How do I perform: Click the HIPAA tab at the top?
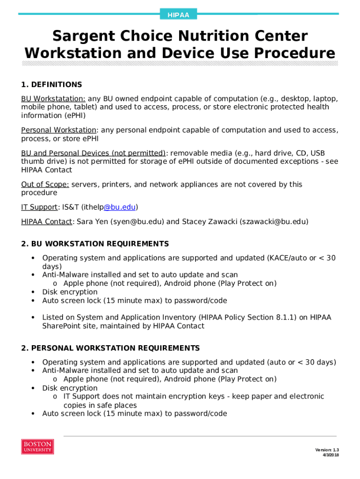[x=178, y=15]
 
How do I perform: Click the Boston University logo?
[x=37, y=447]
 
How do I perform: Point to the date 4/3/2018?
[x=331, y=455]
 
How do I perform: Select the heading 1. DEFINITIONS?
[x=51, y=85]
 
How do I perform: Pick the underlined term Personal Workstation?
[x=59, y=130]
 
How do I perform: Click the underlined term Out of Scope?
[x=45, y=184]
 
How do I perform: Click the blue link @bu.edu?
[x=120, y=207]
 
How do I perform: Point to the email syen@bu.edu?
[x=137, y=222]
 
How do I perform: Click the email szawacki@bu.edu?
[x=274, y=222]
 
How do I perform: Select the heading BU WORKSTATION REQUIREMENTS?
[x=100, y=244]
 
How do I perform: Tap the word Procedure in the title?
[x=292, y=53]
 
